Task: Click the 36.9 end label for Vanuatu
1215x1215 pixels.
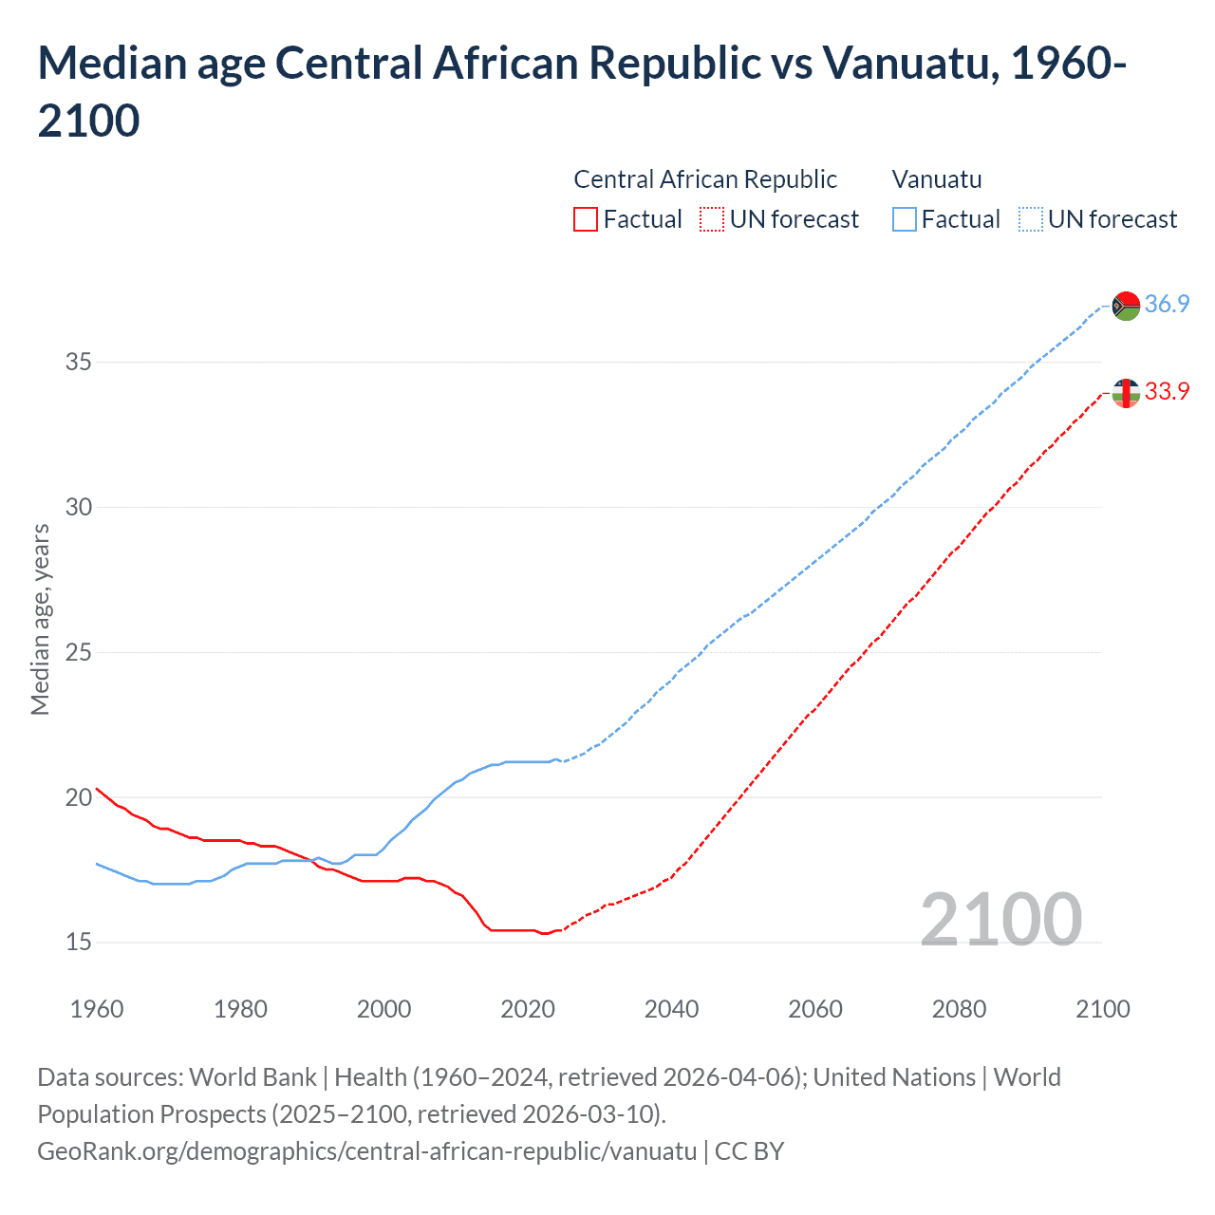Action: click(1167, 304)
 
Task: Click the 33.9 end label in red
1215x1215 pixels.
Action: click(1167, 391)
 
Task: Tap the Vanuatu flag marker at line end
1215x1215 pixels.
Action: click(1126, 306)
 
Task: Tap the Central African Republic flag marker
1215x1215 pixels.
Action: click(1126, 392)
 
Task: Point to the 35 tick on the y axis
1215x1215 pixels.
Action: click(79, 362)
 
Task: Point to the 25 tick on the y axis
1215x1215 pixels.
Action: click(79, 652)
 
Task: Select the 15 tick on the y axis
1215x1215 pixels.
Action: click(79, 943)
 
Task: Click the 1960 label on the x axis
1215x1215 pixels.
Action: click(97, 1009)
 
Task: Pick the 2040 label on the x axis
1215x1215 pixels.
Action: click(671, 1009)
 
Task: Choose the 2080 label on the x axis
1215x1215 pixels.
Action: click(959, 1009)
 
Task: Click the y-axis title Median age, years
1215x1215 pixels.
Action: click(40, 619)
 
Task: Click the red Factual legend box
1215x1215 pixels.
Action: click(586, 219)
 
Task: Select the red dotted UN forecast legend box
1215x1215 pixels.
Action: click(712, 219)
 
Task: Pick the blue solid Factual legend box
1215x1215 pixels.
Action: click(905, 219)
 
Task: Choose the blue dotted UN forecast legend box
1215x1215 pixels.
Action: click(1030, 219)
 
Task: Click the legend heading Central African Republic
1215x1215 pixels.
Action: click(705, 179)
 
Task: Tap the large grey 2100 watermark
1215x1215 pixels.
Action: click(1000, 919)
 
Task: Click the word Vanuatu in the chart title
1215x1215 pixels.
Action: click(909, 64)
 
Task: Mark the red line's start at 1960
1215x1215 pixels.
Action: click(97, 788)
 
